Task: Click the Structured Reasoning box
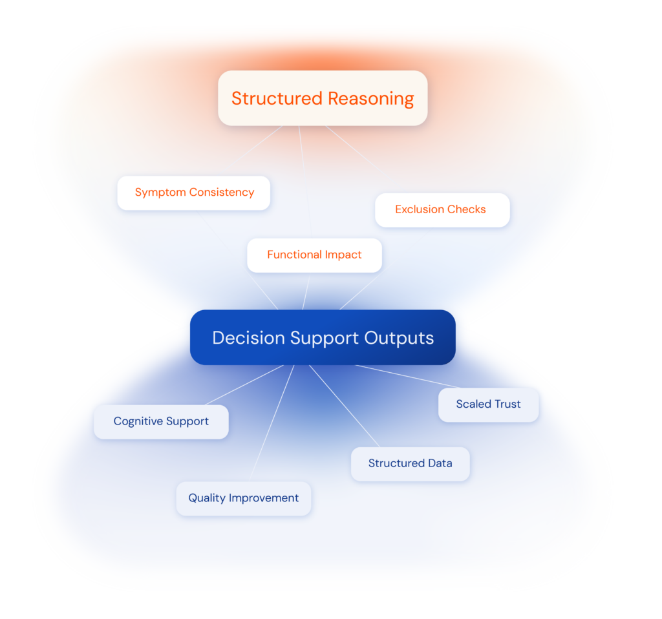click(x=323, y=98)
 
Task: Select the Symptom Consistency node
click(x=194, y=193)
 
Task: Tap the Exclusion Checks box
click(x=442, y=209)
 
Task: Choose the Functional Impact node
click(x=314, y=255)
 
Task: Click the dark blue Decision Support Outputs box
click(x=323, y=338)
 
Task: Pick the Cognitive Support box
click(x=161, y=421)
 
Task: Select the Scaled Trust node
click(x=488, y=404)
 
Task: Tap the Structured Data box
click(x=410, y=463)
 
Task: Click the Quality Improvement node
click(x=243, y=498)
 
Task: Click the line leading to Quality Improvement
click(x=272, y=423)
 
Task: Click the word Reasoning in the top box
click(x=370, y=99)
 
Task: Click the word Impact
click(x=343, y=255)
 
